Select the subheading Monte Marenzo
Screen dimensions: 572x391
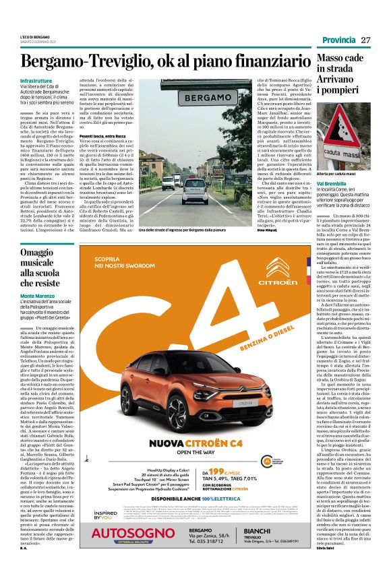(x=39, y=296)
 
